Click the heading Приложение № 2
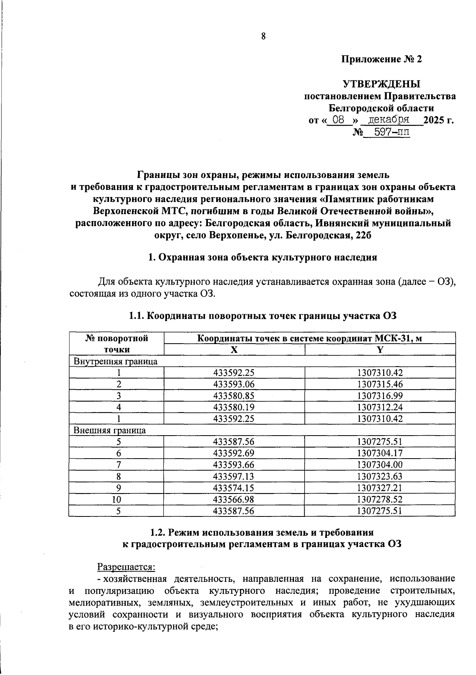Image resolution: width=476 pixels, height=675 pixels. click(x=382, y=59)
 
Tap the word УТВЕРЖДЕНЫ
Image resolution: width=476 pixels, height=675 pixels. click(x=381, y=84)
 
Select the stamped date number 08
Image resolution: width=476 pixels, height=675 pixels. click(x=338, y=120)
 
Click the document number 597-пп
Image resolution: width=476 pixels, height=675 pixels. click(x=387, y=132)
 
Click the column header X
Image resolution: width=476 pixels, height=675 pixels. click(x=234, y=350)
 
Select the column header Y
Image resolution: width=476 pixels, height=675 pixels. click(x=380, y=350)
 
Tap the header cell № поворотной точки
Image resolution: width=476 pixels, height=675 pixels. click(x=117, y=344)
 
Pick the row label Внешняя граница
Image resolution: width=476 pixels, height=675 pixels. click(x=110, y=430)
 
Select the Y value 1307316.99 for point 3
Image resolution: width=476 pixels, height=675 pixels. click(x=380, y=396)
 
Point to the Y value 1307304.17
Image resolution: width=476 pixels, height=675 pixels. click(x=380, y=453)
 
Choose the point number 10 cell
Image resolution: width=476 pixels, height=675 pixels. click(x=117, y=499)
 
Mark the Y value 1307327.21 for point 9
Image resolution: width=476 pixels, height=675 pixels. click(x=380, y=488)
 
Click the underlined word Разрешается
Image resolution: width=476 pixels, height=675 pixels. click(x=126, y=568)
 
